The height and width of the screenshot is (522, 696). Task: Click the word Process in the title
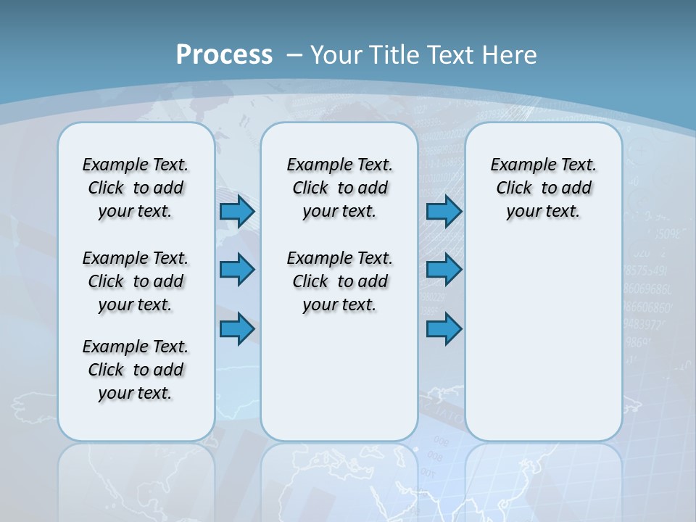coord(224,54)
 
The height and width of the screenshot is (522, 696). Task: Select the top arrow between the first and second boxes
coord(236,211)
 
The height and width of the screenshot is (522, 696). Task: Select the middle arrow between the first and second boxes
coord(236,270)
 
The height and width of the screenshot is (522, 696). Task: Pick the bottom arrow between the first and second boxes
coord(236,328)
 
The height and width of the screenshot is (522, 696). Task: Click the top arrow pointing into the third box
coord(444,211)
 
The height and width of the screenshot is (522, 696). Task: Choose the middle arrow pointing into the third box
coord(444,270)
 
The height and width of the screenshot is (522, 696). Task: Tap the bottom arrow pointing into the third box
coord(444,328)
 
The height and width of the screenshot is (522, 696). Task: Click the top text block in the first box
coord(136,188)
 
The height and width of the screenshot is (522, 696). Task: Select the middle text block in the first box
coord(136,281)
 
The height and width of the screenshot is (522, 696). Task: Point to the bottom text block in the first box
coord(136,370)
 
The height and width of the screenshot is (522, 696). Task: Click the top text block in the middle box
coord(340,188)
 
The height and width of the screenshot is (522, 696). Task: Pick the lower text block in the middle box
coord(340,281)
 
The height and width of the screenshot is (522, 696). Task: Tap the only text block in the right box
coord(544,188)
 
